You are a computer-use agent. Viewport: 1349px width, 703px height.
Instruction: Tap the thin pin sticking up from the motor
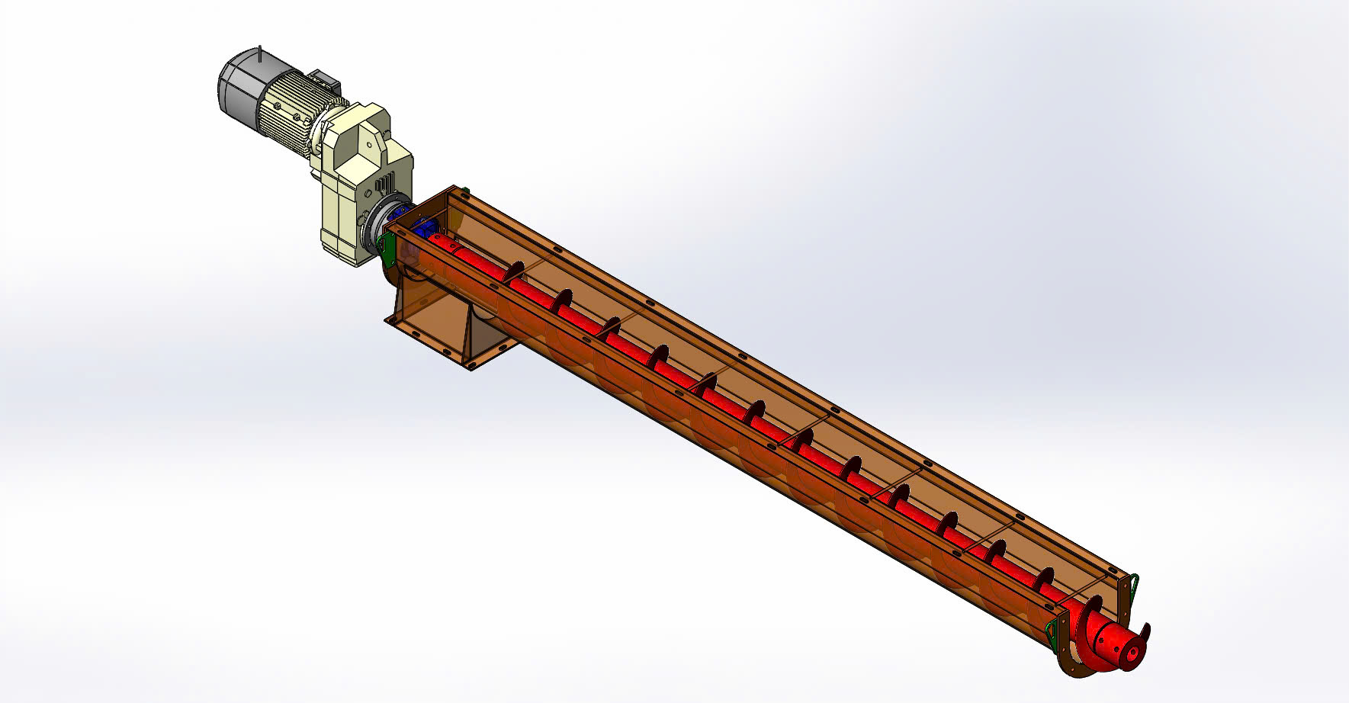260,55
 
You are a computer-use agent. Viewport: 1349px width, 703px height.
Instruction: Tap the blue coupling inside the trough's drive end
422,228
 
